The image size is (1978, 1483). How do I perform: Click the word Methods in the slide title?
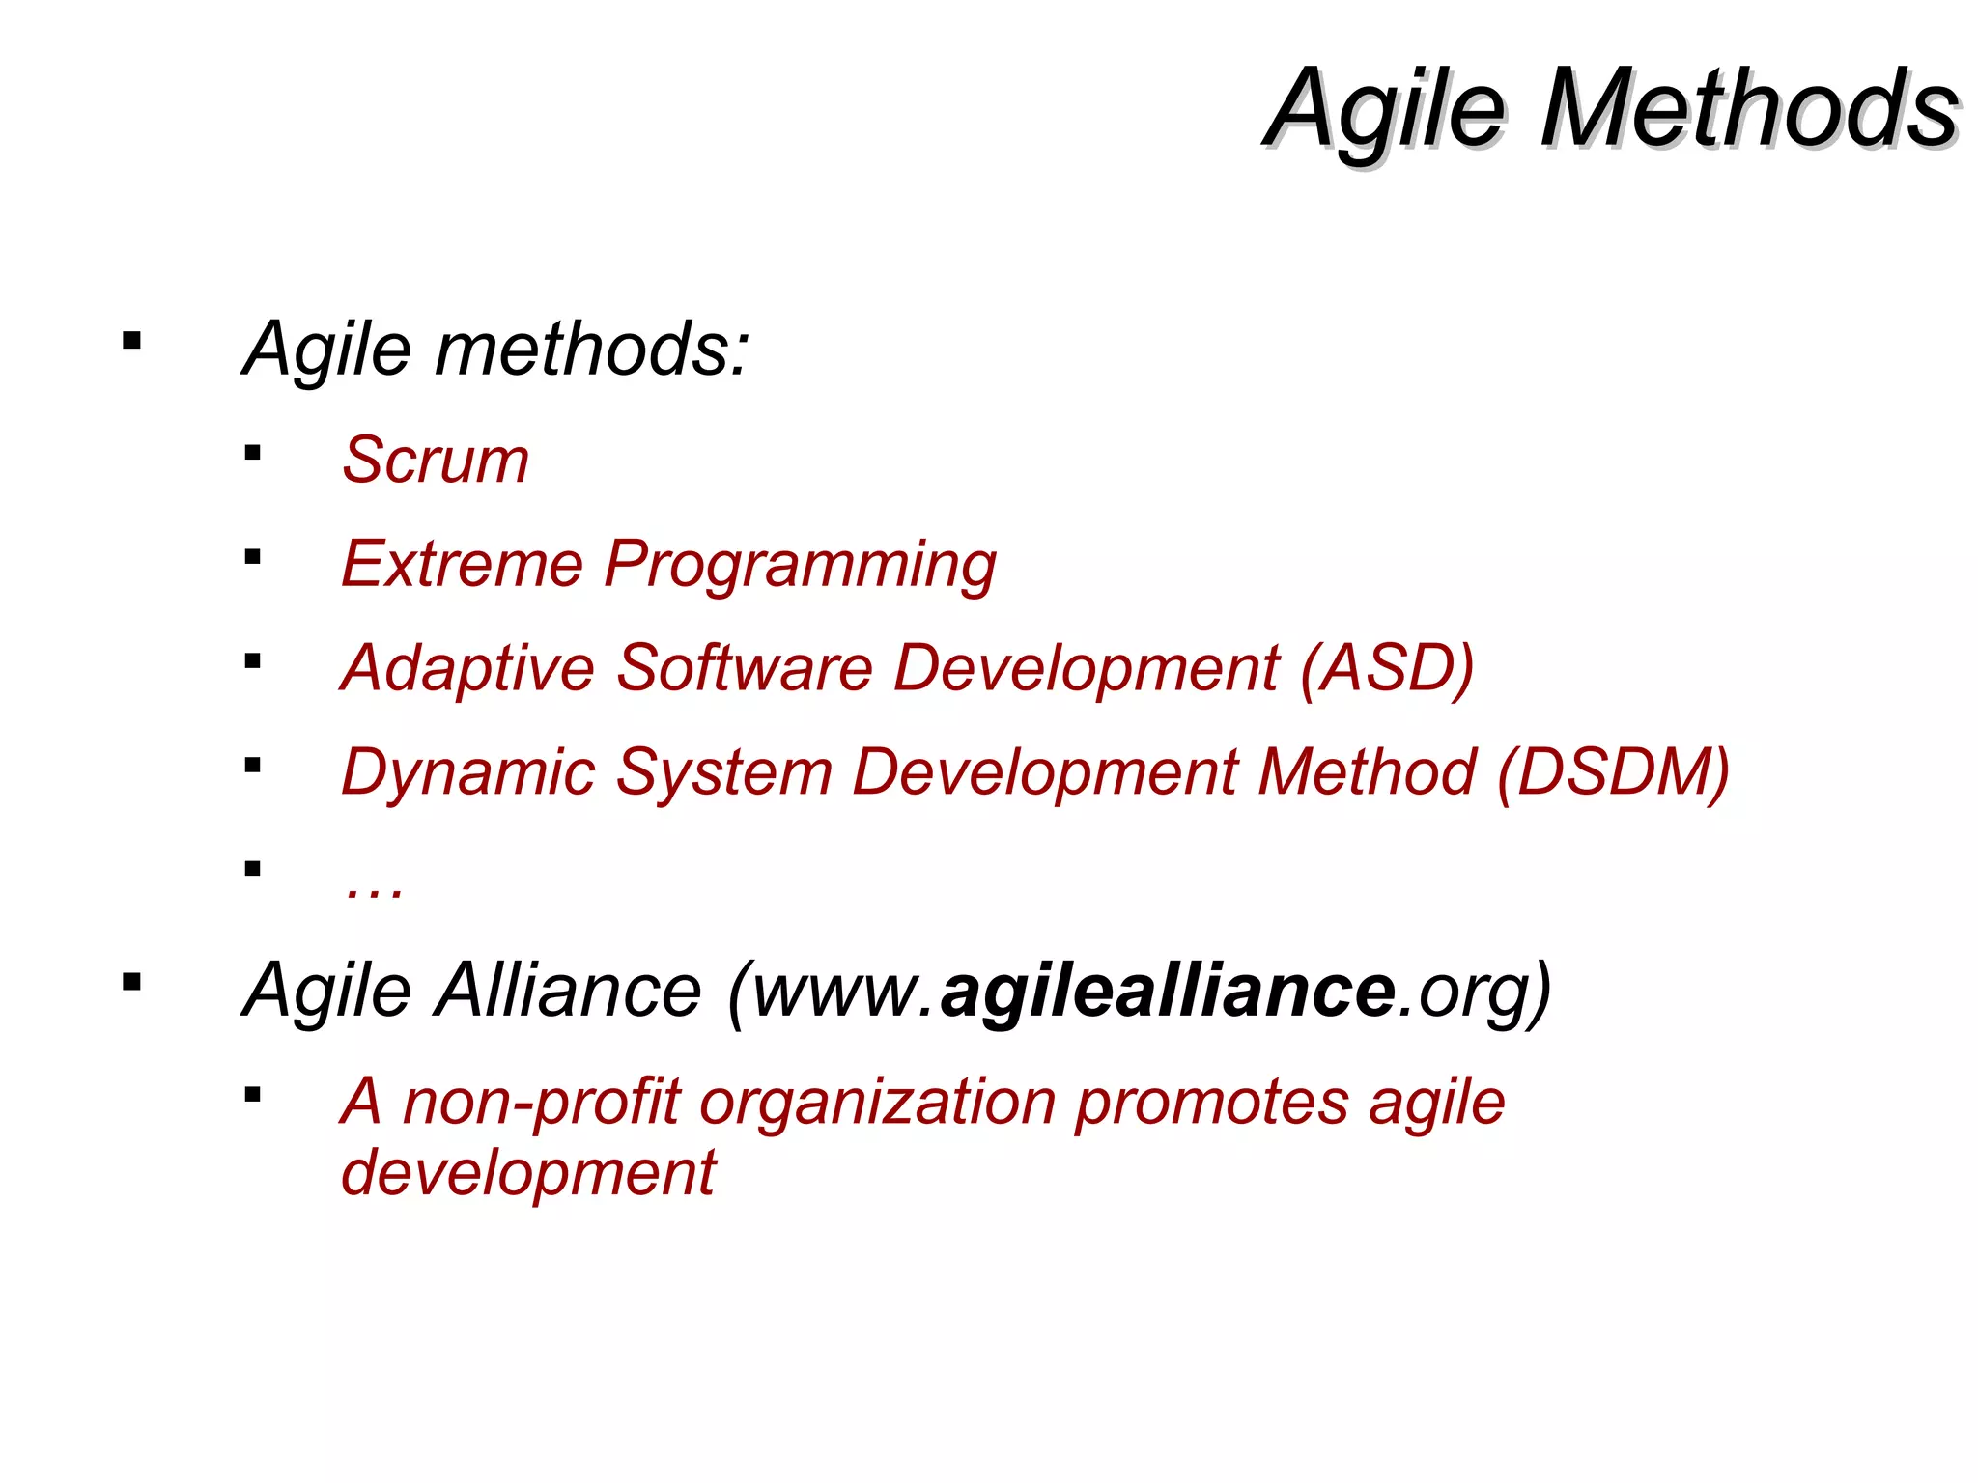[x=1748, y=108]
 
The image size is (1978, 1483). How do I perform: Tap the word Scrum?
[x=436, y=460]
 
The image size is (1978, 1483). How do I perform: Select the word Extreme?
[x=462, y=564]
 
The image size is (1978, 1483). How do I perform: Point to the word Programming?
[x=800, y=566]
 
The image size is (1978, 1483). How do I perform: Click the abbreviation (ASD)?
[x=1386, y=668]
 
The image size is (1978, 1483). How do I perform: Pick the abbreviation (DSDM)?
[x=1613, y=772]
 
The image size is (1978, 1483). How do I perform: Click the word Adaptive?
[x=467, y=668]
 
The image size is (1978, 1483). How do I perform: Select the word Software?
[x=744, y=668]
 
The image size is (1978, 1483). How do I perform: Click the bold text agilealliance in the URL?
[x=1169, y=991]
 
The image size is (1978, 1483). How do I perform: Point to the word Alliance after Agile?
[x=568, y=991]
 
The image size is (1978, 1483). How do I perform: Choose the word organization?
[x=877, y=1105]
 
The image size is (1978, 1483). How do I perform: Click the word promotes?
[x=1211, y=1105]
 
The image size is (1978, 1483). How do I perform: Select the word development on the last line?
[x=527, y=1174]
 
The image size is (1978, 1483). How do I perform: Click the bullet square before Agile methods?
[x=132, y=341]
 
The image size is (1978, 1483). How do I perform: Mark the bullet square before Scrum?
[x=253, y=453]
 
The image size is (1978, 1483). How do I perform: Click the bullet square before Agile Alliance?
[x=132, y=983]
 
